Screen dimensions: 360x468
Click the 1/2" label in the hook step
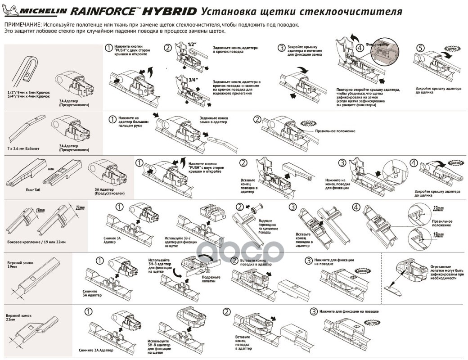[192, 45]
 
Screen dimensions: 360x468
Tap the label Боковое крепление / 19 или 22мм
[36, 242]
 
